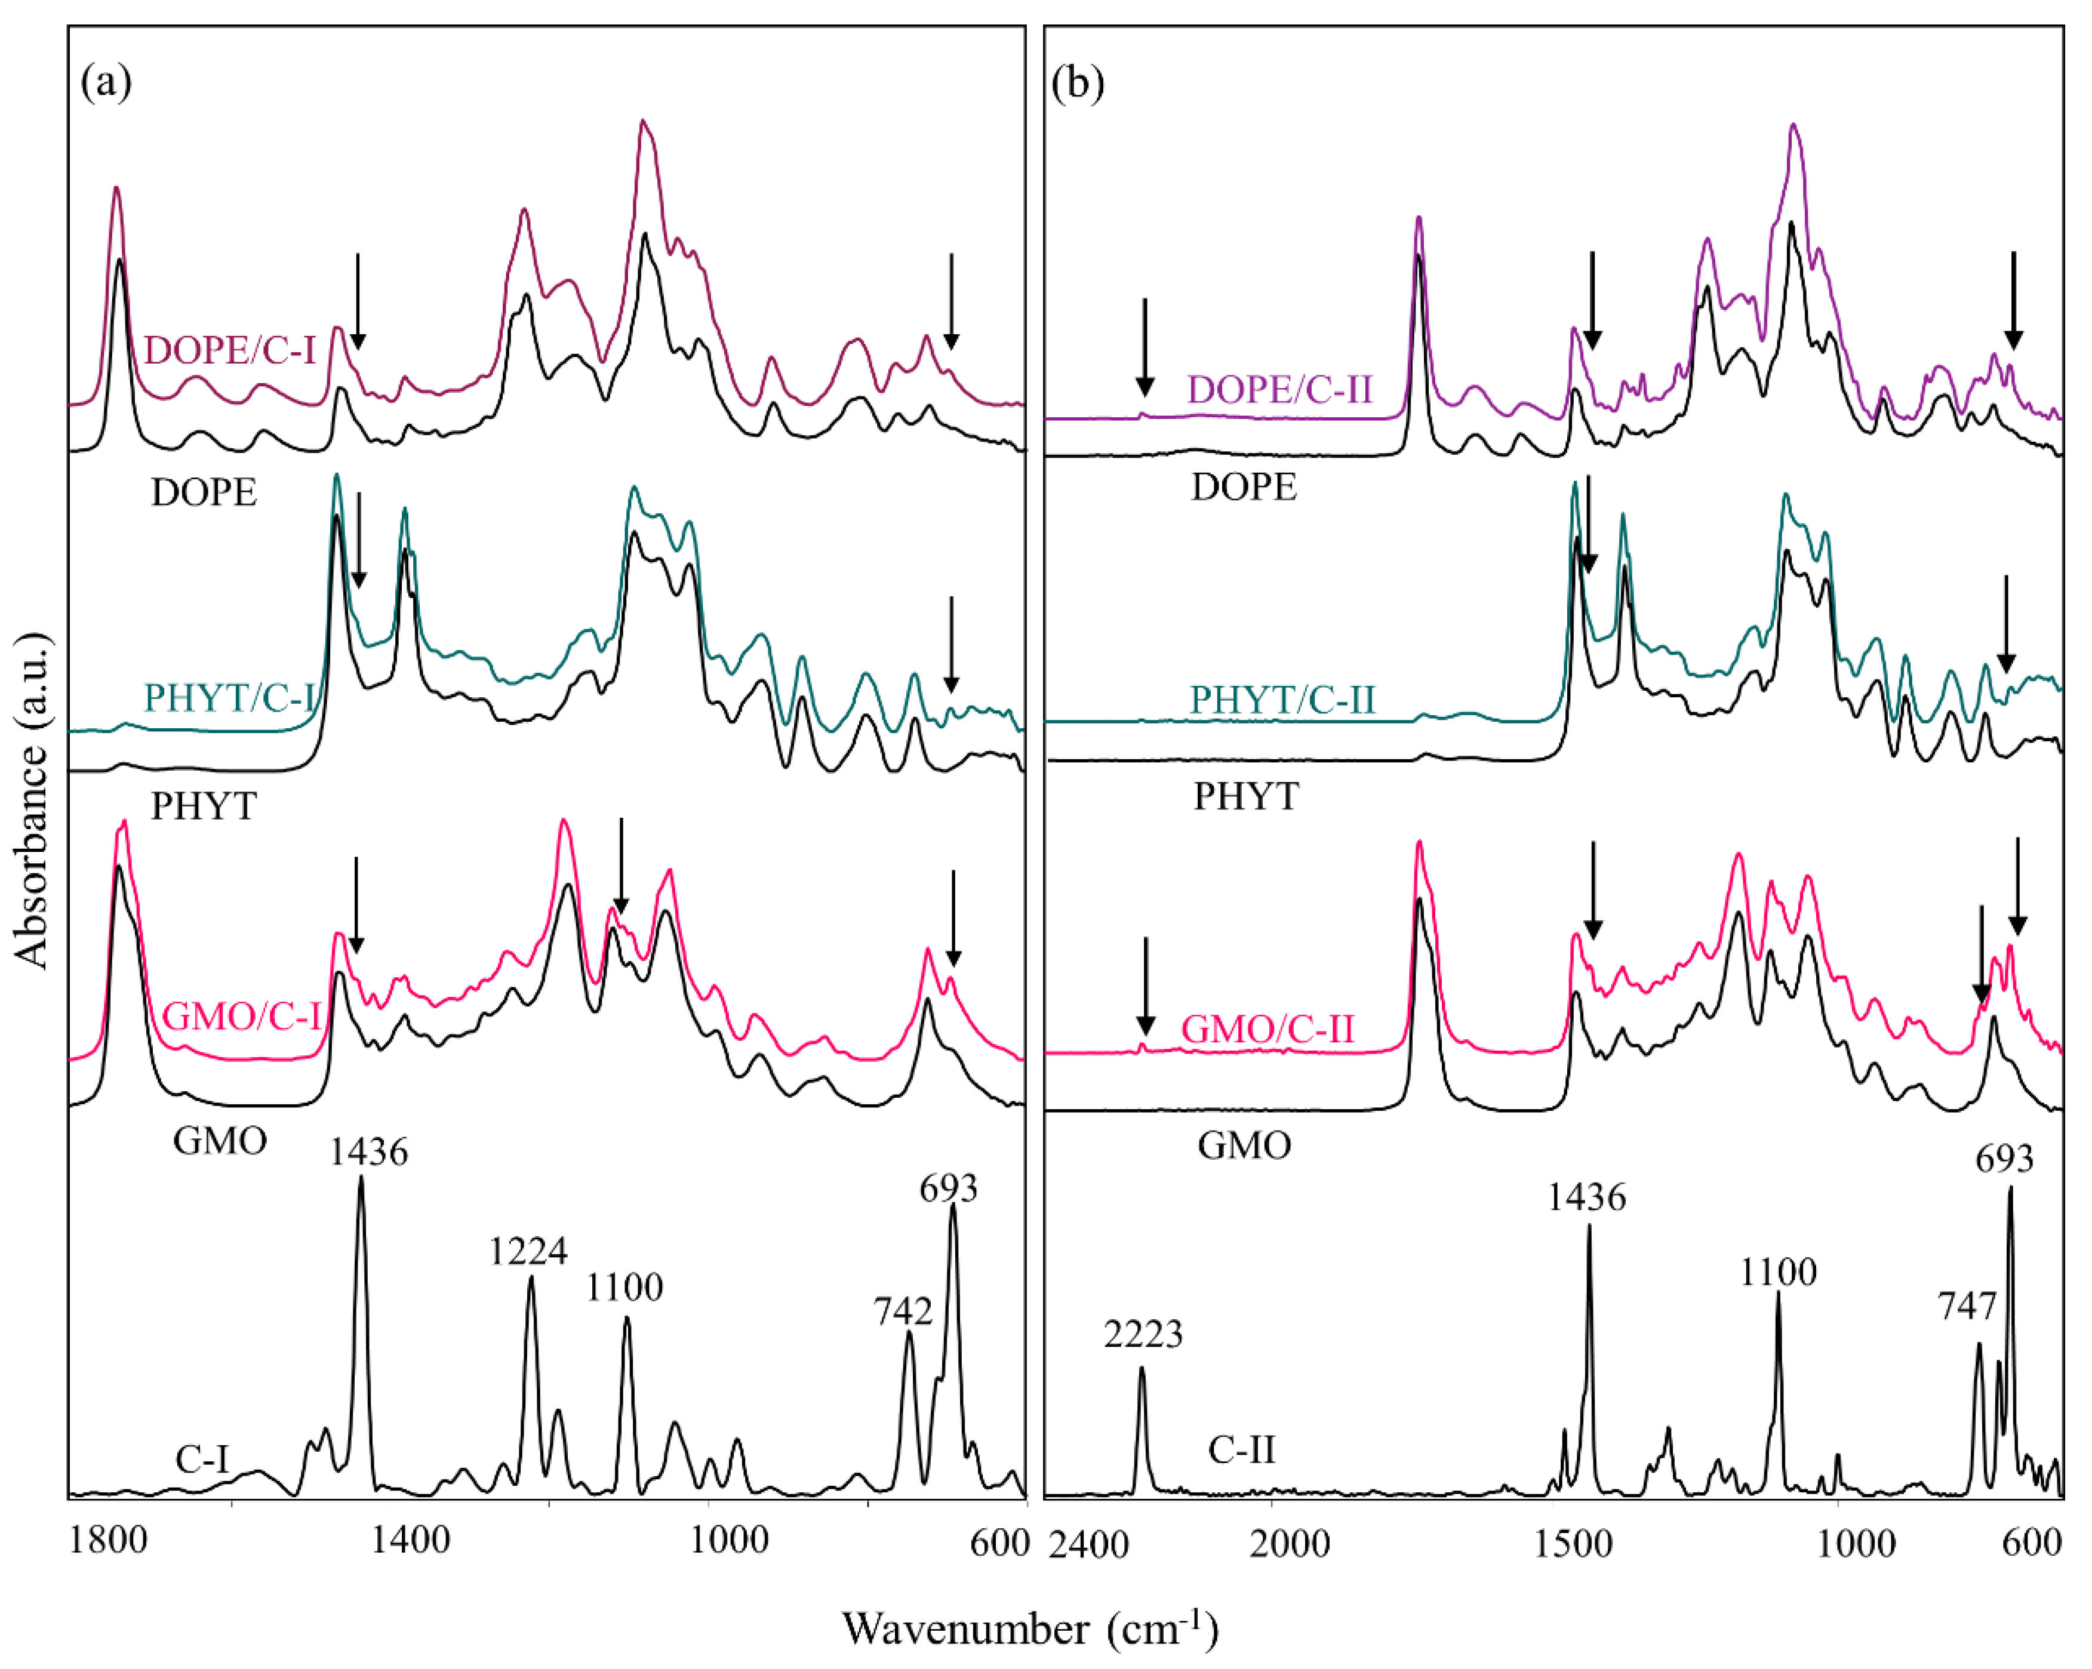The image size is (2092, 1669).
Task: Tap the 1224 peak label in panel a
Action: [527, 1252]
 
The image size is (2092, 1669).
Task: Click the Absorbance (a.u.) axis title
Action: [33, 800]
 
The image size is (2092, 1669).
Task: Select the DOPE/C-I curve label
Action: [230, 349]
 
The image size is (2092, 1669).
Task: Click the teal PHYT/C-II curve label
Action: [1283, 698]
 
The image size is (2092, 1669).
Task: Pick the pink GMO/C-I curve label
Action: [241, 1016]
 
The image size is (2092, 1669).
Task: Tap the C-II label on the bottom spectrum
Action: [1241, 1450]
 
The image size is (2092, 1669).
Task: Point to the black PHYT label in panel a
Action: [204, 805]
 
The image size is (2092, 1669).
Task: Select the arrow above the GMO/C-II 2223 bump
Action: [1145, 985]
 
